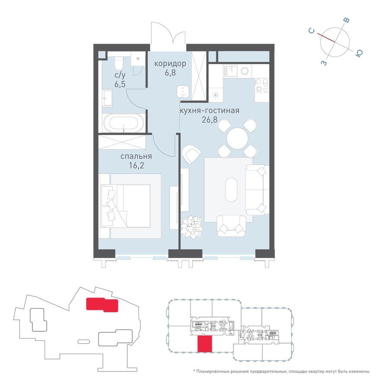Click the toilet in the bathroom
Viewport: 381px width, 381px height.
pyautogui.click(x=118, y=64)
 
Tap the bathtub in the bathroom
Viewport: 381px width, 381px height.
pyautogui.click(x=124, y=123)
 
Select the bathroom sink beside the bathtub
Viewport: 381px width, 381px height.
pyautogui.click(x=107, y=98)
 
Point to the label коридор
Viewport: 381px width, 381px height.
pyautogui.click(x=170, y=64)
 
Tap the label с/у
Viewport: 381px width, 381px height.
pyautogui.click(x=120, y=75)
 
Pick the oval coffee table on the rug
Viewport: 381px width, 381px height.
pyautogui.click(x=233, y=189)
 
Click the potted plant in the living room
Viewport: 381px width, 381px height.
pyautogui.click(x=191, y=226)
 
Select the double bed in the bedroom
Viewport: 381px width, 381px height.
pyautogui.click(x=130, y=205)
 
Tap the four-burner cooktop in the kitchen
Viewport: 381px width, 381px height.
pyautogui.click(x=262, y=87)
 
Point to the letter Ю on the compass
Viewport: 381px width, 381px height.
pyautogui.click(x=359, y=53)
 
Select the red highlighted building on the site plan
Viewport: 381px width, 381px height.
pyautogui.click(x=102, y=304)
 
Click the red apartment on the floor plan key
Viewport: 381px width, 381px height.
pyautogui.click(x=205, y=344)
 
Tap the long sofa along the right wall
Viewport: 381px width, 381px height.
pyautogui.click(x=257, y=189)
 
